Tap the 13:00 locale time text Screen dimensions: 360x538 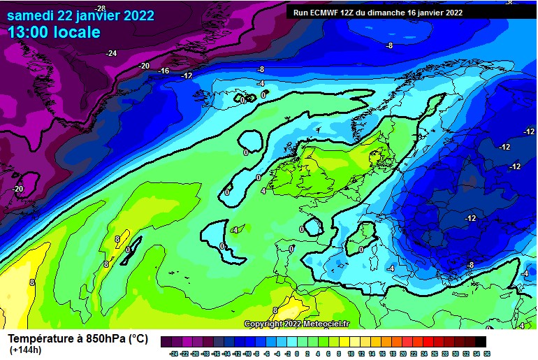point(54,32)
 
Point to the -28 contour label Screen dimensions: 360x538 point(100,8)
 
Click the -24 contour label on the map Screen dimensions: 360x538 point(111,53)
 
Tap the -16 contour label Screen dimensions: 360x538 point(164,71)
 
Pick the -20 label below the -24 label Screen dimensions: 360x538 point(144,66)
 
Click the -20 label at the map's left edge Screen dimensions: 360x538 point(17,189)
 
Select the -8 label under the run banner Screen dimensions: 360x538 point(389,45)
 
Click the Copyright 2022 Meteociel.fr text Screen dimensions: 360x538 point(296,324)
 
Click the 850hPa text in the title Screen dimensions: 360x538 point(105,338)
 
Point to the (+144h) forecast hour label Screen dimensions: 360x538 point(25,350)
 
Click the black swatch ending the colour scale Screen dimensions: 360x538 point(480,342)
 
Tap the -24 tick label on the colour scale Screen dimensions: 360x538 point(173,354)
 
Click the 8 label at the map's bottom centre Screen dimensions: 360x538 point(275,310)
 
